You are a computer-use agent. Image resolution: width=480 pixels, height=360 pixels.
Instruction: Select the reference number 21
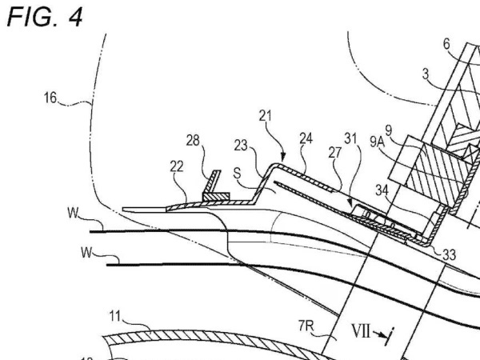pyautogui.click(x=265, y=117)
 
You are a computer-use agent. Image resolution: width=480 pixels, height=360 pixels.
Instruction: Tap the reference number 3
pyautogui.click(x=427, y=74)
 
